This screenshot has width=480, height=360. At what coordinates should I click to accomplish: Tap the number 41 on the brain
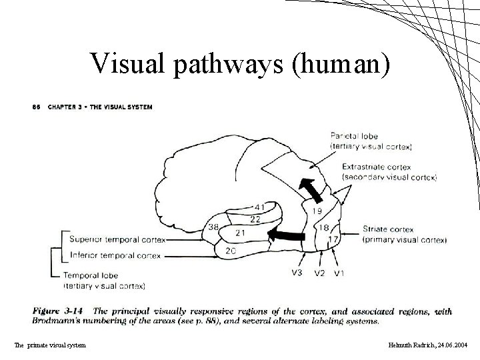(259, 208)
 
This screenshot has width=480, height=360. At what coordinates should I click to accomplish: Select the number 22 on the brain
(255, 219)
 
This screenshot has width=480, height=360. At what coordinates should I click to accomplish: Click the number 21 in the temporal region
(241, 233)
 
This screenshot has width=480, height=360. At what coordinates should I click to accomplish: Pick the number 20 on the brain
(231, 251)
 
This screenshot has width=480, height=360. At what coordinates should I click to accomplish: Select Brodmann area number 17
(333, 239)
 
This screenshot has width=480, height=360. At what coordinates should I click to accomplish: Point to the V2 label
(319, 273)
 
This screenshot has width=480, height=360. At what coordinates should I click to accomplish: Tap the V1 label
(339, 273)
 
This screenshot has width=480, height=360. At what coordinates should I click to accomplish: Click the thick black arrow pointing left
(283, 234)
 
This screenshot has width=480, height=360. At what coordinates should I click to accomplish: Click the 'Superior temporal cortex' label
(116, 240)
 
